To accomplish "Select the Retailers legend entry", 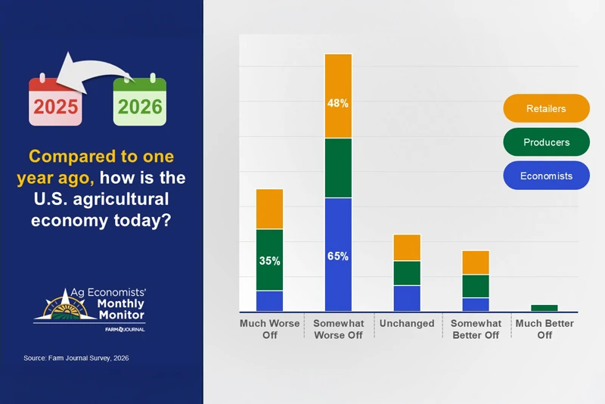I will pos(545,108).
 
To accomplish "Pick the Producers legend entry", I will pos(545,142).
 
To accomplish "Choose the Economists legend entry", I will pos(545,176).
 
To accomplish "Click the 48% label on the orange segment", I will pos(338,104).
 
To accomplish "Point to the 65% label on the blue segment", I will pos(338,256).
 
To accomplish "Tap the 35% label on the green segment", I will pos(270,261).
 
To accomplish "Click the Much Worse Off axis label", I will pos(270,329).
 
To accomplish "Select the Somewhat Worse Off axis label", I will pos(338,329).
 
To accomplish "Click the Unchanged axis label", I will pos(407,324).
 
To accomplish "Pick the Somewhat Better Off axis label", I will pos(476,329).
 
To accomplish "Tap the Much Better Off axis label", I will pos(544,329).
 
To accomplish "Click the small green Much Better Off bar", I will pos(544,308).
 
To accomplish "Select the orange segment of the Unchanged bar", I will pos(407,248).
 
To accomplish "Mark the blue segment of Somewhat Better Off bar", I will pos(476,305).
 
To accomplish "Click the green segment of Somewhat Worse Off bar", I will pos(338,168).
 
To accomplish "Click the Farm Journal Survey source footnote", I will pos(76,358).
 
